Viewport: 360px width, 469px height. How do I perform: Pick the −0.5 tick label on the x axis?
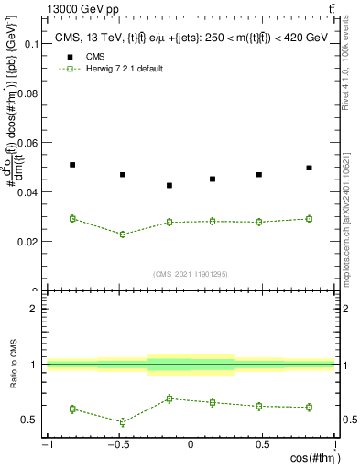tap(119, 444)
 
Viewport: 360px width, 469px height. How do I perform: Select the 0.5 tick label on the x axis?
tap(262, 444)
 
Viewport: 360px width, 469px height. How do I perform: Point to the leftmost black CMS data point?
tap(72, 165)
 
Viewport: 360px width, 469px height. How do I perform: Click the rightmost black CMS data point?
tap(309, 168)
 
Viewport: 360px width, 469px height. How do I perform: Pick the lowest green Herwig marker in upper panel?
tap(122, 234)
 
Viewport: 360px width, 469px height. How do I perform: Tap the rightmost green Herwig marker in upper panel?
tap(309, 218)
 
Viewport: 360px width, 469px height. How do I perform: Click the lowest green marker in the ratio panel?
tap(122, 422)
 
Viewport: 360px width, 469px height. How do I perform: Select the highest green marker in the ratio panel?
tap(169, 398)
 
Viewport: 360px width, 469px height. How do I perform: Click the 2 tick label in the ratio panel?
tap(35, 310)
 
